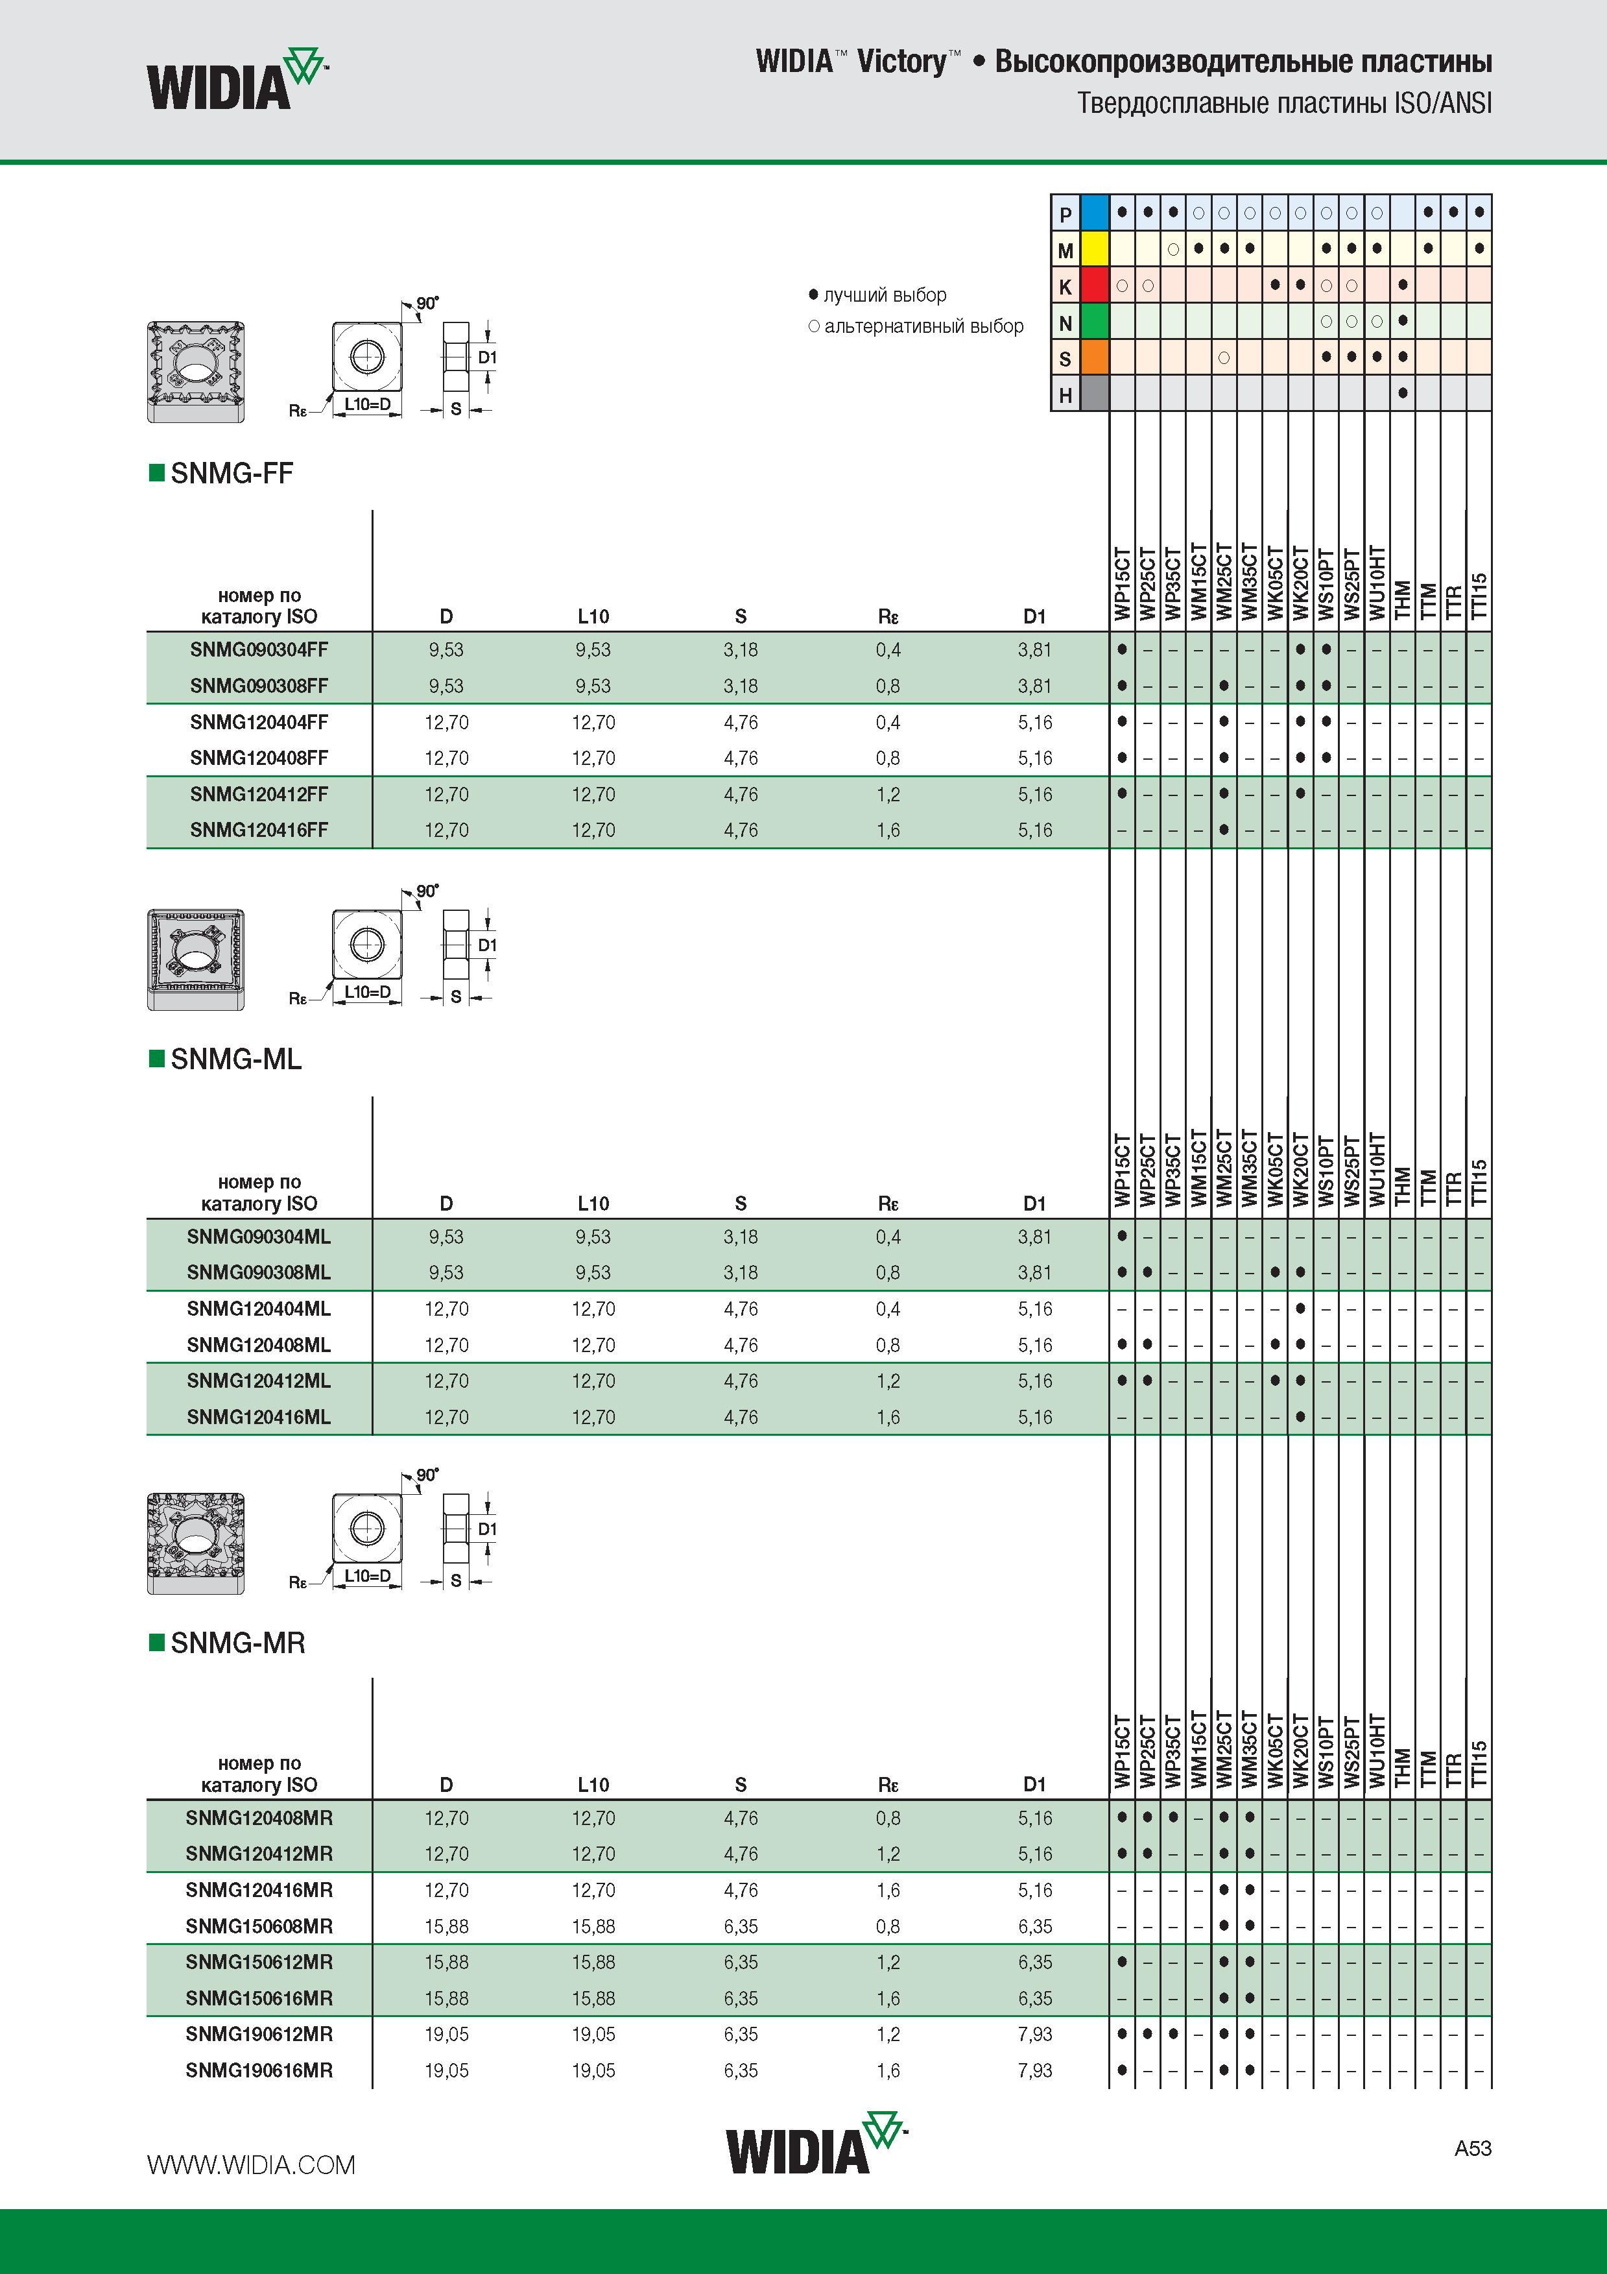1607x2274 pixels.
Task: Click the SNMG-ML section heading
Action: coord(235,1059)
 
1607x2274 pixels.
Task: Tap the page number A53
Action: coord(1472,2148)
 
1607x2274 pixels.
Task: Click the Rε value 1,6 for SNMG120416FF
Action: coord(888,830)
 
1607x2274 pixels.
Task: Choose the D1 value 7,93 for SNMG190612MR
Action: coord(1035,2035)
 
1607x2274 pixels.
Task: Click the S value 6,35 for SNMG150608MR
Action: coord(741,1926)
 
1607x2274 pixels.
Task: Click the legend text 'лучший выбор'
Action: coord(885,295)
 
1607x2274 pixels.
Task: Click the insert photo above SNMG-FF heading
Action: coord(196,371)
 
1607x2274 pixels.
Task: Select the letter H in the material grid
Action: coord(1065,394)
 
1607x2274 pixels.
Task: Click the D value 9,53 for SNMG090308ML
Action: coord(447,1273)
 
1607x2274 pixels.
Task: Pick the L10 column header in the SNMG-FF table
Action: coord(593,616)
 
